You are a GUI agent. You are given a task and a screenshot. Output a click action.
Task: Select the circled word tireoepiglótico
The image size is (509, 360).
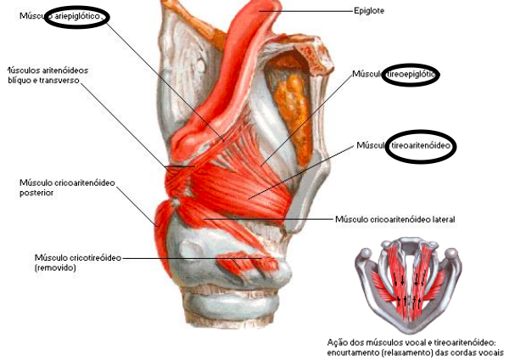pos(411,75)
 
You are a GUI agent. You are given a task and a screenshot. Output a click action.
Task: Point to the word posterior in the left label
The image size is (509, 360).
pos(37,193)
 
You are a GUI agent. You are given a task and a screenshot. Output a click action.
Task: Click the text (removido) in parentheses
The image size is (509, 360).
pos(55,267)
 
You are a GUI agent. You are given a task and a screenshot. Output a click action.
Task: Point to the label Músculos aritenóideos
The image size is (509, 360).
pos(46,70)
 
